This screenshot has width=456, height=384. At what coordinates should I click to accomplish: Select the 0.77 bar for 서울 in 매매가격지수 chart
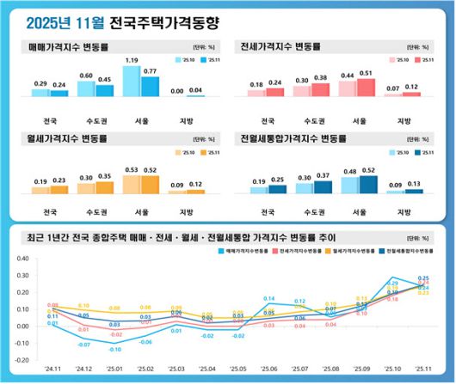click(151, 85)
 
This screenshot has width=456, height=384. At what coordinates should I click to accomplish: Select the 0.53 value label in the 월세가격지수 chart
click(132, 170)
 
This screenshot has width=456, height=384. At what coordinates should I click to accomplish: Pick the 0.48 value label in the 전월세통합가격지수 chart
click(350, 171)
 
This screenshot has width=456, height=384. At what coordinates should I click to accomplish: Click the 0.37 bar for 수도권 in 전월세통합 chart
click(323, 186)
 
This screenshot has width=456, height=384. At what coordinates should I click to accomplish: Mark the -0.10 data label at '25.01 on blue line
click(114, 349)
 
